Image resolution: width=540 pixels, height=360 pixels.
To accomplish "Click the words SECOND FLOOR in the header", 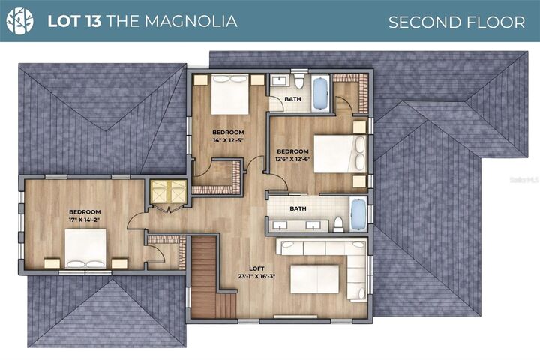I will tap(456, 22).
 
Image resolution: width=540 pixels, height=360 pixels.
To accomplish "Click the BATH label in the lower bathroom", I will tap(298, 208).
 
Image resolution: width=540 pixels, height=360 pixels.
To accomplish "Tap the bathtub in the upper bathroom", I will tap(321, 93).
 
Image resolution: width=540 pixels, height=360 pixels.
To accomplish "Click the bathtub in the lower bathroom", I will tap(358, 214).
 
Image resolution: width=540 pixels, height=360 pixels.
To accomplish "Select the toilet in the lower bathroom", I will tap(338, 223).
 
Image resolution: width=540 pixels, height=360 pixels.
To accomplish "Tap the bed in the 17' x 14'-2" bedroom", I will tap(85, 248).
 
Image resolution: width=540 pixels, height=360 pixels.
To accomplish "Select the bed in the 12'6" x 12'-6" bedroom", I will tap(340, 154).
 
